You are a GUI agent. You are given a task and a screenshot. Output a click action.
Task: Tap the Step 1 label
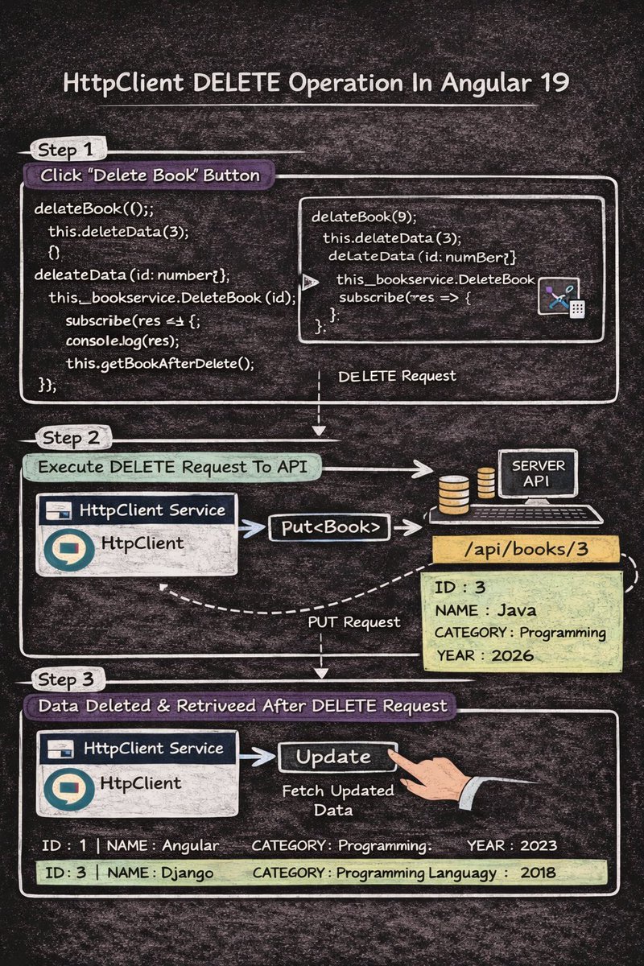tap(72, 151)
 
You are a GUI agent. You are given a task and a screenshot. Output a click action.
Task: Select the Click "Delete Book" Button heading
tap(151, 175)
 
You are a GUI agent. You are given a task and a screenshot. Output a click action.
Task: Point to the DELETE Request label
tap(397, 376)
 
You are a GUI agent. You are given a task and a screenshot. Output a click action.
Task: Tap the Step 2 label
tap(72, 439)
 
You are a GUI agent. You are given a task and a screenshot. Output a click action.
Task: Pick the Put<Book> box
tap(329, 528)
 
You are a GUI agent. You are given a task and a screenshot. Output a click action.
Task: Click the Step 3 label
tap(72, 680)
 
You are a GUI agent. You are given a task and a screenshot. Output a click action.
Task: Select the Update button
tap(333, 757)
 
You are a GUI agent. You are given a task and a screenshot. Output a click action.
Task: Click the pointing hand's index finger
tap(394, 753)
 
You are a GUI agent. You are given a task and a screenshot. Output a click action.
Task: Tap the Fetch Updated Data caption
tap(337, 800)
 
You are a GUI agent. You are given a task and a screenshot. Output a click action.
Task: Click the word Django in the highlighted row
tap(188, 873)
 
